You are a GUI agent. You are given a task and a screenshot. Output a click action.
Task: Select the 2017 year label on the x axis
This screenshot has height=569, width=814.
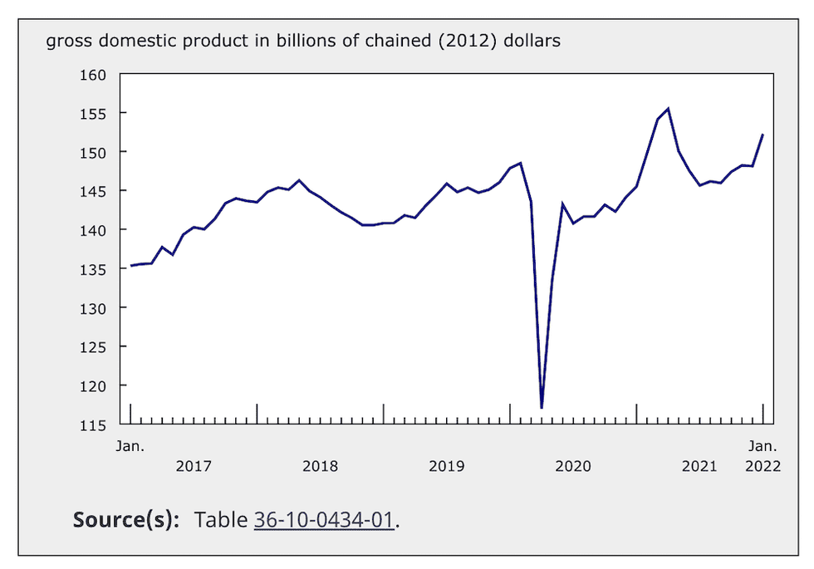click(x=194, y=466)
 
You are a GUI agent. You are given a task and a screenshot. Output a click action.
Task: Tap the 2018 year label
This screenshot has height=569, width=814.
click(x=320, y=466)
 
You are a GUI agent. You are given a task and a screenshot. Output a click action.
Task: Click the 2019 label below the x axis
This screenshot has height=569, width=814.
click(x=446, y=466)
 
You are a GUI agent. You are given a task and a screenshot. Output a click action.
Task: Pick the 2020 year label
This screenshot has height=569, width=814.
click(x=573, y=466)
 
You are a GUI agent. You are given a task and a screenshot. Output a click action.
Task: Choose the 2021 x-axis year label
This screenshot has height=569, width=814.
click(x=699, y=466)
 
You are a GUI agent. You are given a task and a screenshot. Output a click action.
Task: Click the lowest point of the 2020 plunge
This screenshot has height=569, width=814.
click(x=542, y=408)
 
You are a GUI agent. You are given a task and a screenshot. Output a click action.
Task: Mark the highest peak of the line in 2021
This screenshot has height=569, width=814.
click(x=669, y=108)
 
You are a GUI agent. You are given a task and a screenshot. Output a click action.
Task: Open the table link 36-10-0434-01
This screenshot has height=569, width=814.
click(x=325, y=520)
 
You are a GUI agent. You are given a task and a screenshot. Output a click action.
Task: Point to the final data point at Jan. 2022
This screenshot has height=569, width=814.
click(x=763, y=135)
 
